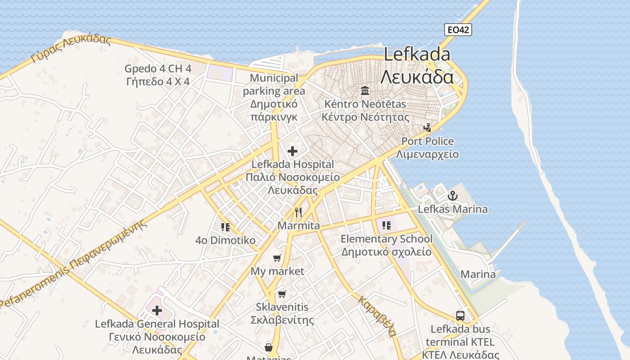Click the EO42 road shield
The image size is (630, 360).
(458, 30)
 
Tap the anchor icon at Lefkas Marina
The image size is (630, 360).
(452, 196)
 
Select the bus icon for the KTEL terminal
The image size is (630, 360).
(460, 315)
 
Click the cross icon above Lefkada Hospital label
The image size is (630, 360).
(292, 151)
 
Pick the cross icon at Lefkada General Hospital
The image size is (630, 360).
(157, 310)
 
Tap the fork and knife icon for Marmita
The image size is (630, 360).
(298, 212)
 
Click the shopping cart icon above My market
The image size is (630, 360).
(277, 258)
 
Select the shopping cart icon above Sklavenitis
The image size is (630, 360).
(282, 294)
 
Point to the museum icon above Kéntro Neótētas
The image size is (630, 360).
(365, 91)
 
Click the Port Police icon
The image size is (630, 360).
(427, 128)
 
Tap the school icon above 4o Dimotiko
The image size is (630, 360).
(225, 227)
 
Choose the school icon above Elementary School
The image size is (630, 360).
(386, 225)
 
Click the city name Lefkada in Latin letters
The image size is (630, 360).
(417, 54)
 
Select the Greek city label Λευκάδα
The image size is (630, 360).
(417, 77)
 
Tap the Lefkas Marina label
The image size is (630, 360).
(452, 209)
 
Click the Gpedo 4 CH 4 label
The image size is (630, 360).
(158, 69)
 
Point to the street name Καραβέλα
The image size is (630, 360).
(377, 316)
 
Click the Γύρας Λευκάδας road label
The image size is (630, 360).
(71, 49)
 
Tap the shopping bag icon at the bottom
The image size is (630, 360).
(269, 347)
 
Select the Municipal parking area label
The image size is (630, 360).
(274, 85)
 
